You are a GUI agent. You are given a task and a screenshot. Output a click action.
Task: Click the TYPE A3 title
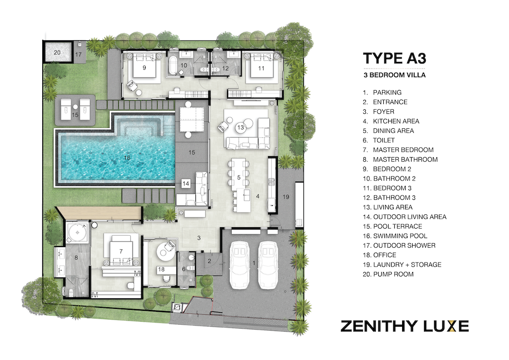tap(394, 58)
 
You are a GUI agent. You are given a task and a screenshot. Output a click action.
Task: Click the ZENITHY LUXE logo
tap(404, 326)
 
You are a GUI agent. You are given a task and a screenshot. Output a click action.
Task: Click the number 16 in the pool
tap(127, 158)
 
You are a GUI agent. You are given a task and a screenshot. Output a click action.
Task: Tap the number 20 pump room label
tap(57, 52)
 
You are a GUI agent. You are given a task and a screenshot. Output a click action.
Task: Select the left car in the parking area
tap(241, 264)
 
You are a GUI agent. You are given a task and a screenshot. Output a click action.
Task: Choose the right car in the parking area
tap(268, 264)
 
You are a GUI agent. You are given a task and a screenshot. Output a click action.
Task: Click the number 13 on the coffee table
tap(241, 127)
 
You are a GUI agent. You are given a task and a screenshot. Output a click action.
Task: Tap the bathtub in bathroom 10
tap(173, 65)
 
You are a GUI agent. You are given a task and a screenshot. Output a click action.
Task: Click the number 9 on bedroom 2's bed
tap(144, 69)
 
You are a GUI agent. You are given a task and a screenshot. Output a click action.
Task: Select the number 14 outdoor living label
tap(186, 183)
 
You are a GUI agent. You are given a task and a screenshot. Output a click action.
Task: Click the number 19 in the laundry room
tap(285, 197)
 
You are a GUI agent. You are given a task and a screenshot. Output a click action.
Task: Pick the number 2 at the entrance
tap(209, 261)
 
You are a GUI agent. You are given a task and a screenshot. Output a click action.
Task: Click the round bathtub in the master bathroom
tap(78, 232)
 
